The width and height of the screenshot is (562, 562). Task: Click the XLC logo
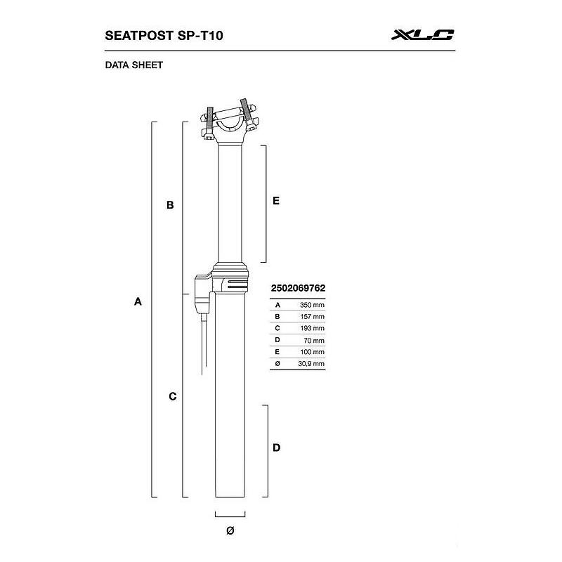coord(423,34)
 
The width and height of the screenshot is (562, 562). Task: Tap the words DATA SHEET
coord(133,65)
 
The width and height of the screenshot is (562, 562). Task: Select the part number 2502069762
coord(298,288)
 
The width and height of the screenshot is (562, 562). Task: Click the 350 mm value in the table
coord(312,305)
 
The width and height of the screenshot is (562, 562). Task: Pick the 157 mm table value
coord(312,317)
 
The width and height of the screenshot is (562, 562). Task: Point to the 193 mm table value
coord(312,328)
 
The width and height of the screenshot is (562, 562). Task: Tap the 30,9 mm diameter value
coord(311,363)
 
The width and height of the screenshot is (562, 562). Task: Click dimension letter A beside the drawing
coord(138,302)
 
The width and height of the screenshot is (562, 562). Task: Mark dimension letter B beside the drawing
coord(169,206)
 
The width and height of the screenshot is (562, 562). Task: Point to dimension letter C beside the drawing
coord(172,396)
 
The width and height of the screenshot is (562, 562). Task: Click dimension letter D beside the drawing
coord(276,447)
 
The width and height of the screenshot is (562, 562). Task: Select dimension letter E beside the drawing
coord(276,200)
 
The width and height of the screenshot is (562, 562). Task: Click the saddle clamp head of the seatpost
coord(229,121)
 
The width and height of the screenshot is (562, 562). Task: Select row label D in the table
coord(278,340)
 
